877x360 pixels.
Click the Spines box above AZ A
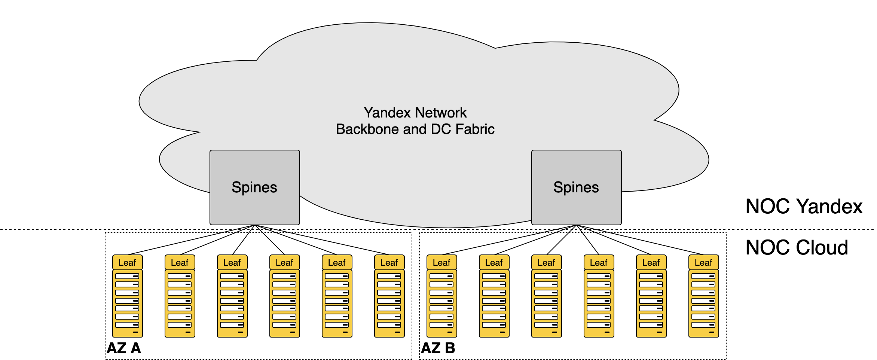pyautogui.click(x=254, y=187)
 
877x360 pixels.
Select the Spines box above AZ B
pyautogui.click(x=576, y=187)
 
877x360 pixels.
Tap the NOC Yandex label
pyautogui.click(x=804, y=207)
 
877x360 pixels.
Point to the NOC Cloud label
pyautogui.click(x=797, y=248)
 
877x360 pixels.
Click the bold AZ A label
pyautogui.click(x=124, y=348)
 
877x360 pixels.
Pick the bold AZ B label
pyautogui.click(x=438, y=348)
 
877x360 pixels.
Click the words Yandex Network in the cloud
pyautogui.click(x=415, y=113)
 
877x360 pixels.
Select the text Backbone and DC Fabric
pyautogui.click(x=415, y=129)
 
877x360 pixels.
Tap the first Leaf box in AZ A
pyautogui.click(x=127, y=263)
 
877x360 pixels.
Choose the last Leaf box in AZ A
pyautogui.click(x=389, y=263)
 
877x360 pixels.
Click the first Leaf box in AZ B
pyautogui.click(x=441, y=263)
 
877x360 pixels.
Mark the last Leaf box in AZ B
pyautogui.click(x=703, y=263)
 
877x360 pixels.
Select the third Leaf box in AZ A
pyautogui.click(x=232, y=263)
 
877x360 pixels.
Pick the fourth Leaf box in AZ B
pyautogui.click(x=599, y=263)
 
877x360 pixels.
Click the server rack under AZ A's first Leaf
pyautogui.click(x=127, y=303)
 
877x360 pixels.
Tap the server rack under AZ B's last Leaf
pyautogui.click(x=703, y=303)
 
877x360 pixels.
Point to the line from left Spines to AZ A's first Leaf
pyautogui.click(x=191, y=240)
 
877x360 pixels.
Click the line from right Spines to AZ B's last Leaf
pyautogui.click(x=640, y=240)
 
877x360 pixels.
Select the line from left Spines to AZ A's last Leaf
pyautogui.click(x=322, y=240)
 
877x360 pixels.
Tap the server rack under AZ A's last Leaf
pyautogui.click(x=389, y=303)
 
